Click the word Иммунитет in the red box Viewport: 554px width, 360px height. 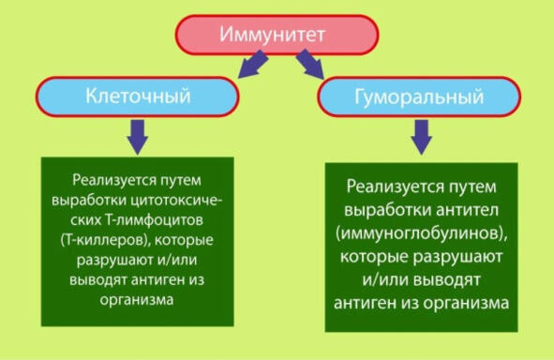(x=272, y=35)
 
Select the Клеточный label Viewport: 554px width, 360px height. (x=138, y=96)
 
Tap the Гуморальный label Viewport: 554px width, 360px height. (x=419, y=97)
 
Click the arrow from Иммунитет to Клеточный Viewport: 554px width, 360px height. (x=253, y=64)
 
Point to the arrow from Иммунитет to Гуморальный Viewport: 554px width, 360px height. (x=310, y=64)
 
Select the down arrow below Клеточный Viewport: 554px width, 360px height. (x=138, y=137)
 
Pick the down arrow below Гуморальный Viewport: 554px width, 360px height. (x=421, y=137)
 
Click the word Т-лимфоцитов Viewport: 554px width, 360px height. (x=154, y=220)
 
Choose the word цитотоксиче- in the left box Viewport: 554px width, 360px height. (x=176, y=201)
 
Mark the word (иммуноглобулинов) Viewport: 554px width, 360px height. (x=422, y=233)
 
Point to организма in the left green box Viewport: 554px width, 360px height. (x=136, y=300)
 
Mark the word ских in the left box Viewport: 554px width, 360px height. (x=86, y=220)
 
